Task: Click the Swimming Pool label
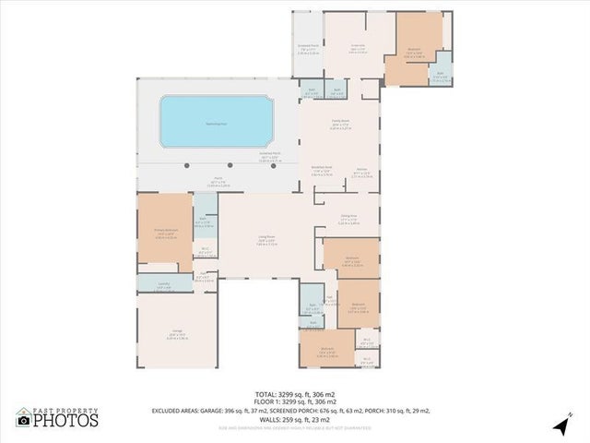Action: (x=217, y=120)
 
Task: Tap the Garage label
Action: (x=176, y=329)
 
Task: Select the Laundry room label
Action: (x=163, y=285)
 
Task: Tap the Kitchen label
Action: (x=362, y=170)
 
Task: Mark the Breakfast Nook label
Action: (x=322, y=168)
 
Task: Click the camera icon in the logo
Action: (x=23, y=421)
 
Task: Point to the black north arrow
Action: (x=560, y=425)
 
